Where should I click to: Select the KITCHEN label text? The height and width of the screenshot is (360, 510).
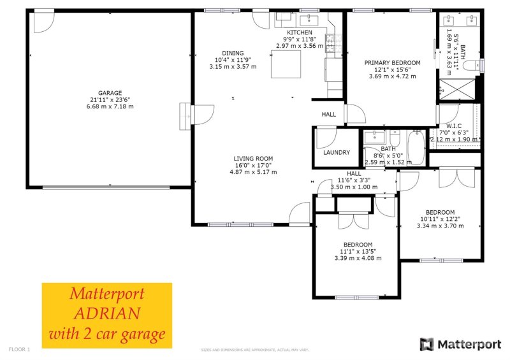299,32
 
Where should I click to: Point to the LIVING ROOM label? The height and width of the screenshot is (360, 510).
253,159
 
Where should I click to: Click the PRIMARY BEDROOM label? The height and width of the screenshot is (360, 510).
392,62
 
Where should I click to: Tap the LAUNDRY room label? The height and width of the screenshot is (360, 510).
336,153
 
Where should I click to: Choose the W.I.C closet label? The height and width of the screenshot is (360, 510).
454,126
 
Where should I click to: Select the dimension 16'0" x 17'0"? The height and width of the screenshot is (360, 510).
253,165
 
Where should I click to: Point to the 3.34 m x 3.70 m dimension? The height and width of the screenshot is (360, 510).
440,226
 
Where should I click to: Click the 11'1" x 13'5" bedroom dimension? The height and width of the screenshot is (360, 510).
358,251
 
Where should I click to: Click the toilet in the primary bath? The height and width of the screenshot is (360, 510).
472,66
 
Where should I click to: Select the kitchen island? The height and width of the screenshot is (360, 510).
286,64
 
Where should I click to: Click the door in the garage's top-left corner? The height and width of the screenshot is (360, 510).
43,22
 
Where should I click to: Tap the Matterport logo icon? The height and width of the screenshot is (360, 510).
426,344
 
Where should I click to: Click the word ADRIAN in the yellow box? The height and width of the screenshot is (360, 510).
107,313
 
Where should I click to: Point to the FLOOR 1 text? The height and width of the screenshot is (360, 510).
19,349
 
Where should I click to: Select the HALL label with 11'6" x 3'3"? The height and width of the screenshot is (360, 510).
354,173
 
